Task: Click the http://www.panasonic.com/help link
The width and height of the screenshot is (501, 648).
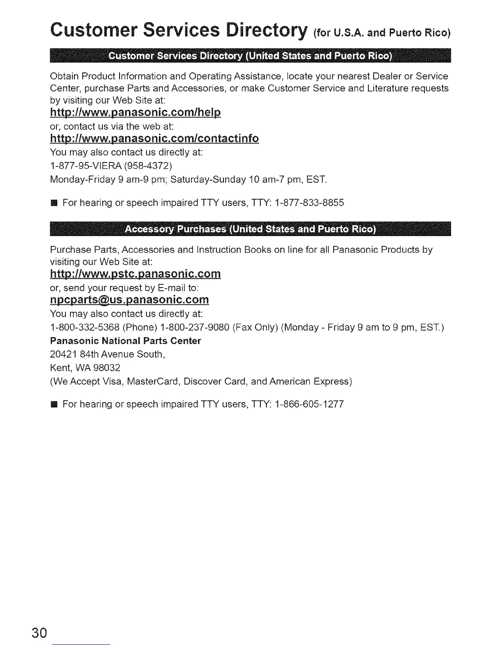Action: (x=135, y=112)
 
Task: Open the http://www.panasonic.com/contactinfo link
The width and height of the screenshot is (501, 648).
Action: (x=154, y=139)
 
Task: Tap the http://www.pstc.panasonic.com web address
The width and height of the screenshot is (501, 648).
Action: (x=135, y=274)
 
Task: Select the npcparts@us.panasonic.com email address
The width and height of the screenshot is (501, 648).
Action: (x=129, y=300)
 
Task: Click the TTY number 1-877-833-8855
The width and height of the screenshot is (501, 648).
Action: (x=309, y=202)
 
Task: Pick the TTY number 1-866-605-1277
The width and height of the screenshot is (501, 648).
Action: (x=309, y=404)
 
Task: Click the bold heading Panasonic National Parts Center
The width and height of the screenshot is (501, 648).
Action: (x=125, y=341)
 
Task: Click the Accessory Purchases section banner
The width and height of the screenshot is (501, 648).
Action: (x=250, y=229)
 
